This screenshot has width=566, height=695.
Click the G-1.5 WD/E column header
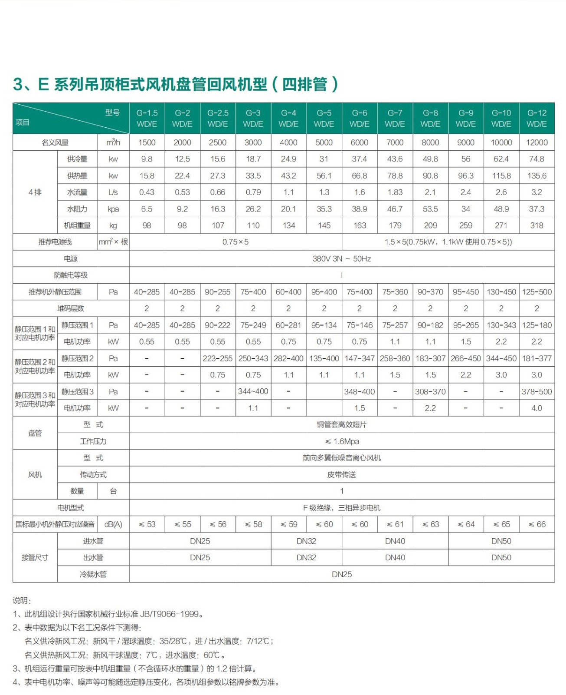pyautogui.click(x=147, y=118)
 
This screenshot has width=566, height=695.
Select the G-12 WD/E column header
pyautogui.click(x=537, y=118)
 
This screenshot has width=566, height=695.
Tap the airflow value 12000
pyautogui.click(x=537, y=142)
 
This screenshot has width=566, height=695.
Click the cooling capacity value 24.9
pyautogui.click(x=288, y=159)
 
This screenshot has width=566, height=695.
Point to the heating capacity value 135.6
pyautogui.click(x=537, y=176)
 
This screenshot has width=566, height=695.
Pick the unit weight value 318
pyautogui.click(x=537, y=225)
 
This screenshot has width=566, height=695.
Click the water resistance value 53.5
pyautogui.click(x=430, y=209)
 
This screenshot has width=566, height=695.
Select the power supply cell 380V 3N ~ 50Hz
pyautogui.click(x=342, y=259)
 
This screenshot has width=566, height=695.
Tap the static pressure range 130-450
pyautogui.click(x=501, y=292)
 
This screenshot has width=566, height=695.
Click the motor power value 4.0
pyautogui.click(x=537, y=408)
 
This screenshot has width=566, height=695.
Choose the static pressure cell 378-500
pyautogui.click(x=537, y=392)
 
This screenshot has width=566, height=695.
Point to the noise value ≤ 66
pyautogui.click(x=537, y=524)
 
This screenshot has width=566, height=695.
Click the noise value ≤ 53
pyautogui.click(x=147, y=524)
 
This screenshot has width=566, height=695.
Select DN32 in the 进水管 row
pyautogui.click(x=306, y=541)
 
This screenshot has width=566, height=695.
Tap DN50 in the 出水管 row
pyautogui.click(x=501, y=558)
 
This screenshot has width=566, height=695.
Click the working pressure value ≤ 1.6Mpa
pyautogui.click(x=342, y=442)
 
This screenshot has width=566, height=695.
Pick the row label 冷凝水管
pyautogui.click(x=93, y=574)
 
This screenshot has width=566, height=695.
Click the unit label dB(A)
pyautogui.click(x=113, y=524)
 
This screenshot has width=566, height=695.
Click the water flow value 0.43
pyautogui.click(x=147, y=192)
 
